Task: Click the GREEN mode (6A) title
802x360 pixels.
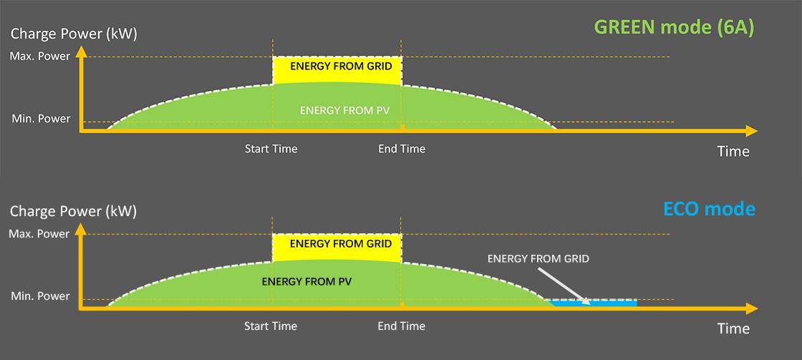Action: (674, 28)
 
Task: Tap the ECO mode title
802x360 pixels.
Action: (709, 209)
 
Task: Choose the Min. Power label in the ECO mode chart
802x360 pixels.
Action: (40, 296)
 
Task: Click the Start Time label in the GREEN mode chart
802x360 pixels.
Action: (271, 149)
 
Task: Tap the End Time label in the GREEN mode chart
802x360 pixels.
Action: (402, 149)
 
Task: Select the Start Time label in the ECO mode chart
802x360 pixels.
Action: (271, 326)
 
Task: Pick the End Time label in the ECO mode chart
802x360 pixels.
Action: (402, 326)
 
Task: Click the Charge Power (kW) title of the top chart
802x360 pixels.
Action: (73, 34)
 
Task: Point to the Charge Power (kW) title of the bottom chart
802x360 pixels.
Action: (73, 211)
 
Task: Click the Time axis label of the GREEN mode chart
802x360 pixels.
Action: (733, 151)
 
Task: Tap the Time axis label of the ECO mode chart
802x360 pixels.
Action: (733, 329)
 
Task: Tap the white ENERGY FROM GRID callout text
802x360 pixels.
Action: (538, 258)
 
